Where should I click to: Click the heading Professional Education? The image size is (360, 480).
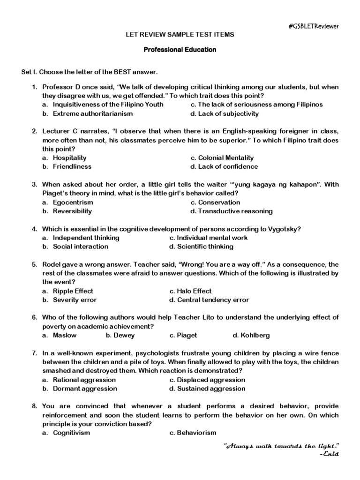click(180, 49)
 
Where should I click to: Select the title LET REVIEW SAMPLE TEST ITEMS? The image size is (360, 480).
click(180, 35)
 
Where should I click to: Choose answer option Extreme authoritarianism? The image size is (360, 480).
click(92, 113)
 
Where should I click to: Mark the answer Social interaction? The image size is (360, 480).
click(80, 247)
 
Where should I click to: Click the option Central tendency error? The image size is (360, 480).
click(213, 300)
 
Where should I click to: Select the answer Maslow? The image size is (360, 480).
click(64, 335)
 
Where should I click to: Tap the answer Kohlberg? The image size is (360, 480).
click(255, 335)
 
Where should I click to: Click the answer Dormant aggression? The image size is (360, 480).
click(84, 388)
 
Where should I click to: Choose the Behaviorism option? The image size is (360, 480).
click(196, 433)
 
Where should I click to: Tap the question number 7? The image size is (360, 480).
click(34, 353)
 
